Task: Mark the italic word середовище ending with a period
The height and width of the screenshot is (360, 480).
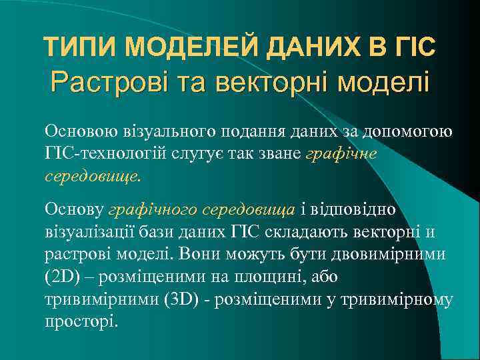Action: coord(93,178)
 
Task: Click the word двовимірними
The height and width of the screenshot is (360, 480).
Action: coord(400,255)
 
